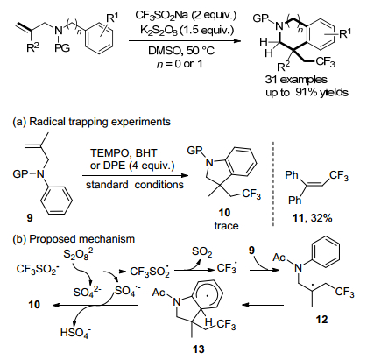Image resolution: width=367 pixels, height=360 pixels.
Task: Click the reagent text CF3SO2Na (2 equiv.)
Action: point(186,16)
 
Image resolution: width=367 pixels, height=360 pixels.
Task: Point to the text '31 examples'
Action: point(296,80)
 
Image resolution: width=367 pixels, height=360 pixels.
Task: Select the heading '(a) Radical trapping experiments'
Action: point(91,122)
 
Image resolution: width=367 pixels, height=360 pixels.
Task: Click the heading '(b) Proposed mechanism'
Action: point(74,239)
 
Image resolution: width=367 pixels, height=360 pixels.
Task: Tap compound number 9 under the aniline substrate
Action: point(30,217)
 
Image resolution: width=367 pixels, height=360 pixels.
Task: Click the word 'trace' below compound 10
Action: point(226,225)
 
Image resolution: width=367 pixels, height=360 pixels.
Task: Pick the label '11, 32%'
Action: point(312,218)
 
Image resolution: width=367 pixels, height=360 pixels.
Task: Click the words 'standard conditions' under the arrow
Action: point(135,185)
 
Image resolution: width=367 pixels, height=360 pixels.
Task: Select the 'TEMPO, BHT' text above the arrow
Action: point(124,152)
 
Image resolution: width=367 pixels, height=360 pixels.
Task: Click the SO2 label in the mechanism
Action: point(202,252)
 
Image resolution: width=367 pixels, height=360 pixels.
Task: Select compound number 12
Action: point(321,320)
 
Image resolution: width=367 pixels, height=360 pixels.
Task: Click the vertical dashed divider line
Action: point(273,184)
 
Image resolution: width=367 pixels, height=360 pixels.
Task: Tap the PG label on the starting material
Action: point(62,48)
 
